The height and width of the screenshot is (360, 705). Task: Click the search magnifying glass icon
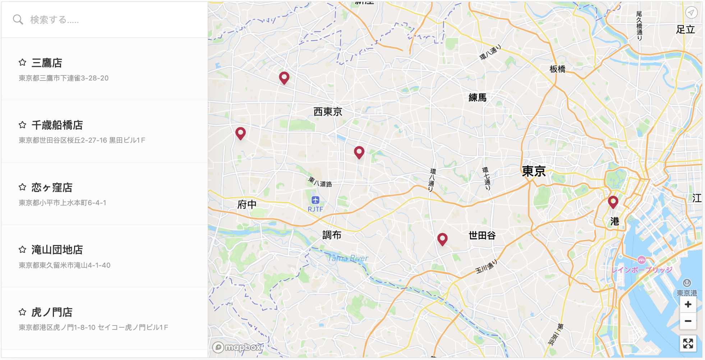pos(18,19)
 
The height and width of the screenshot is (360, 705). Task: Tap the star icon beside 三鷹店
pos(22,63)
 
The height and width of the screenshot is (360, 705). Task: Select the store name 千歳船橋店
pos(57,125)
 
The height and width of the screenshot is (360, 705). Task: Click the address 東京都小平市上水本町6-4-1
pos(62,203)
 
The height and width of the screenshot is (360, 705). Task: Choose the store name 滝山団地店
pos(57,250)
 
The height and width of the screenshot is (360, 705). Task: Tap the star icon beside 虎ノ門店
pos(22,312)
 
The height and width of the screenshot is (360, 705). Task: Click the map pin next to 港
pos(613,202)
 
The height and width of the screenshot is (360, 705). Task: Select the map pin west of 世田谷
pos(442,239)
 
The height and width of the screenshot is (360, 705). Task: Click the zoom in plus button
pos(688,305)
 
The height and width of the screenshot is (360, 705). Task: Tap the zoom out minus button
pos(688,321)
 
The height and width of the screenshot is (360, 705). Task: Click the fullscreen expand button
pos(688,343)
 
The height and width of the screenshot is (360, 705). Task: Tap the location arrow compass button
pos(691,13)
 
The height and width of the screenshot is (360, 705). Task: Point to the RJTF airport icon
pos(315,200)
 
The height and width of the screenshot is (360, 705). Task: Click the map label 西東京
pos(327,112)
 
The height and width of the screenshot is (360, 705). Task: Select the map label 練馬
pos(477,97)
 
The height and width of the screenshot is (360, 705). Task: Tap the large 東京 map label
pos(534,171)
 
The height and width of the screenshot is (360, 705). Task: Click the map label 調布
pos(331,235)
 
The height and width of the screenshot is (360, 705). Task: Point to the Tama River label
pos(348,258)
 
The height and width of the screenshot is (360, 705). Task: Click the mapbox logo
pos(237,347)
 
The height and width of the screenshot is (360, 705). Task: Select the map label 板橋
pos(557,69)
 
